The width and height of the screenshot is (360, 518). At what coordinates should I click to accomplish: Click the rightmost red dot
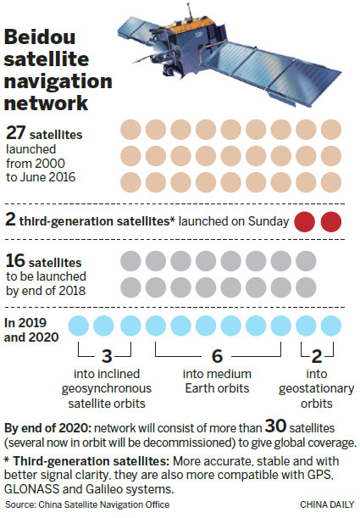[330, 222]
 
